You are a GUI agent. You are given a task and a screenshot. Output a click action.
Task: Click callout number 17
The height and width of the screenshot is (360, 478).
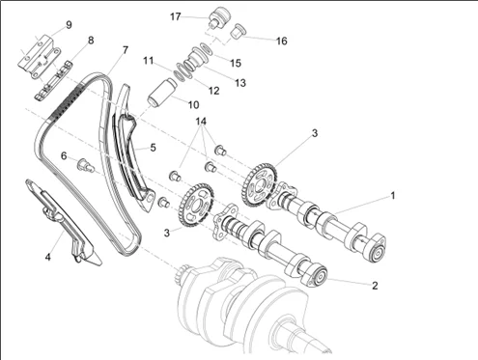coord(176,16)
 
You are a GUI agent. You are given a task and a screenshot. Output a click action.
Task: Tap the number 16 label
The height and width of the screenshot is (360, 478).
coord(281,41)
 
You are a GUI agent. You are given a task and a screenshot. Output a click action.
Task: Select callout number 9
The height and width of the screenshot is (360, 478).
coord(69,25)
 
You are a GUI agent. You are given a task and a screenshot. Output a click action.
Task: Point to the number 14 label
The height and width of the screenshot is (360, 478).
coord(201,122)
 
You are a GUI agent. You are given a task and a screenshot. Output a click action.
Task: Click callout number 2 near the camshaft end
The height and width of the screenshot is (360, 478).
coord(375,286)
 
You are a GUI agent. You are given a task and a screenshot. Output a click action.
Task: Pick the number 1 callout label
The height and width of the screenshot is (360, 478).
coord(392,195)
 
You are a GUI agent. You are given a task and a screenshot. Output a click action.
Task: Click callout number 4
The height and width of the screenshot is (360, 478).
coord(47,257)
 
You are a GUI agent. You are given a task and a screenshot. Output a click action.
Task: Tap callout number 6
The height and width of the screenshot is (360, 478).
coord(64,156)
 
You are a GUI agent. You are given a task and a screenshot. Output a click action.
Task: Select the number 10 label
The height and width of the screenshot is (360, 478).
coord(193,104)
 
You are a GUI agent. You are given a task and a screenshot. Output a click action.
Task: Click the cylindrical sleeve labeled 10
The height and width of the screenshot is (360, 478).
coord(162,91)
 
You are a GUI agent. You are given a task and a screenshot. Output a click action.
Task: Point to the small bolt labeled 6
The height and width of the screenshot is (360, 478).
coord(85,165)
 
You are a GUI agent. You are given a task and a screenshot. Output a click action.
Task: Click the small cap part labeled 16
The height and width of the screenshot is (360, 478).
coord(239,32)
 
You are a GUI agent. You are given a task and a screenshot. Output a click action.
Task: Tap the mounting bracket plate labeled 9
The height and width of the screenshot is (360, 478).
coord(38,55)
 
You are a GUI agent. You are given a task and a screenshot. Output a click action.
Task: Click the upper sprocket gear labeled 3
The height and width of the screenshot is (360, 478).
coord(260,185)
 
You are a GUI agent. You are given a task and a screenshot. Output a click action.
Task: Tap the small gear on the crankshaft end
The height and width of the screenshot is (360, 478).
coord(183,272)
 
